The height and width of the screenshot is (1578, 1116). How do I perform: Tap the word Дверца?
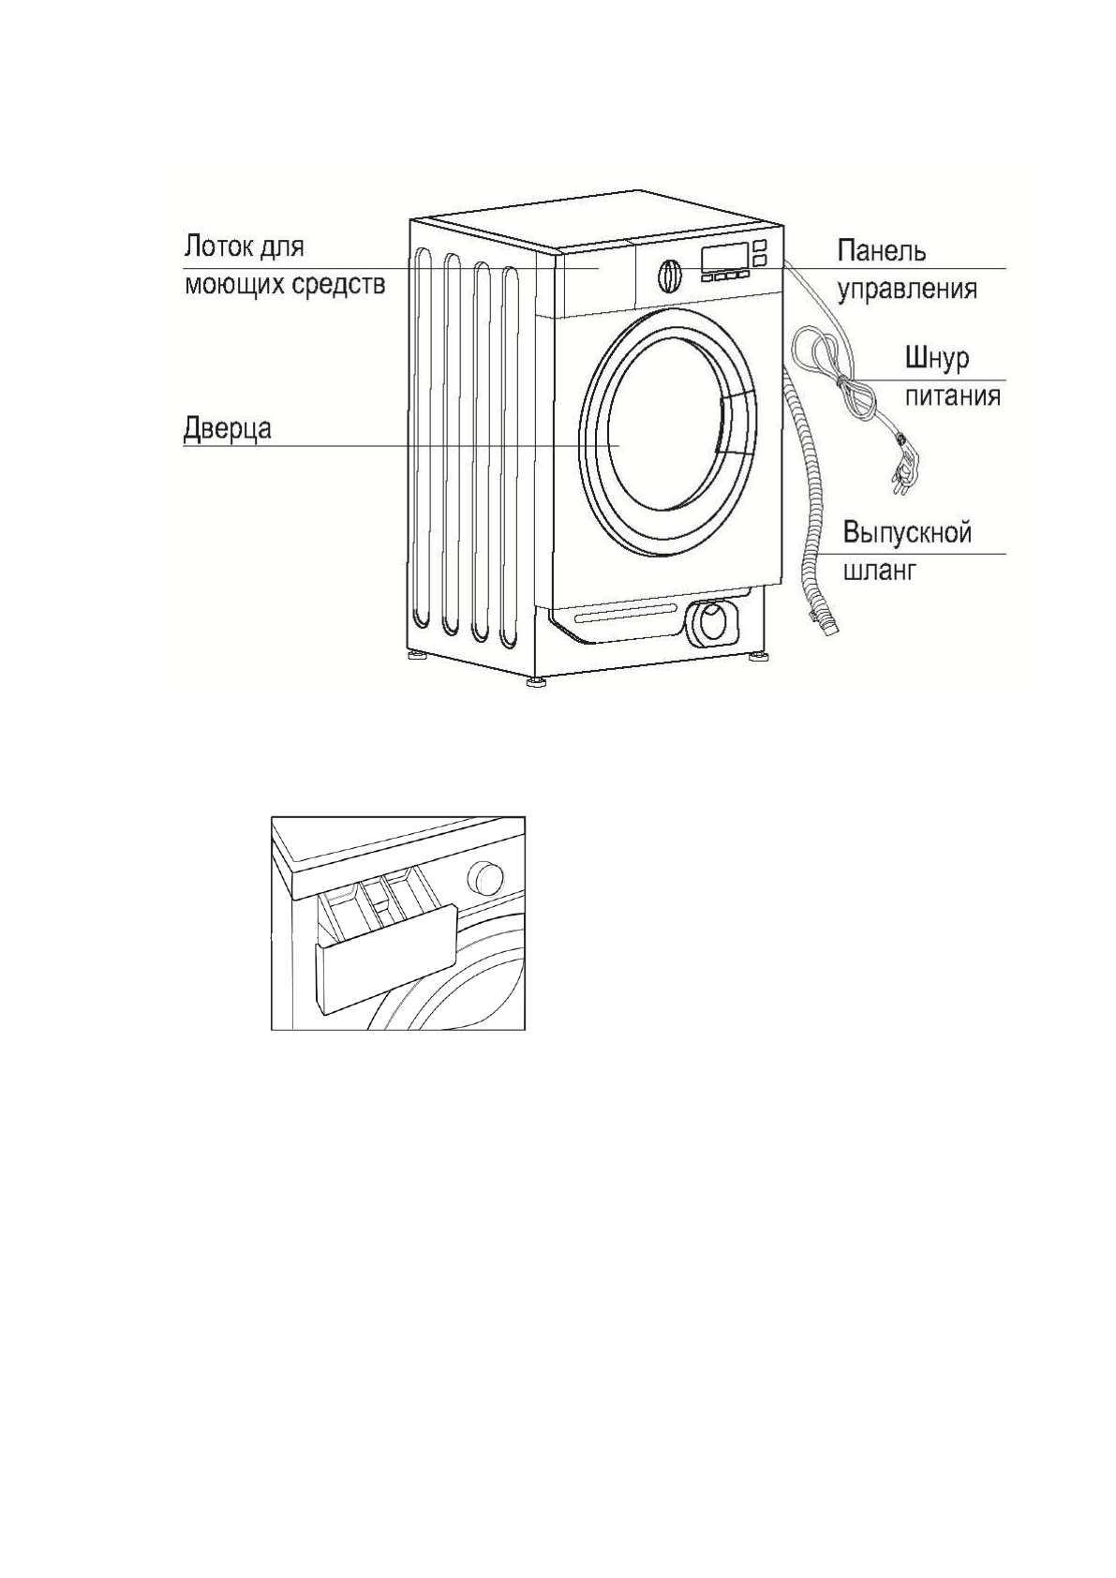coord(227,428)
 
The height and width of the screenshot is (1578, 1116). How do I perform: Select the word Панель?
coord(880,251)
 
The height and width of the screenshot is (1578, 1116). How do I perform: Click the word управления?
coord(906,289)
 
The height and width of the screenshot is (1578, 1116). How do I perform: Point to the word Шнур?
coord(936,359)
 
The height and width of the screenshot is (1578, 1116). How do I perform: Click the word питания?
coord(951,396)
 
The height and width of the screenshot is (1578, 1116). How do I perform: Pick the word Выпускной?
coord(906,532)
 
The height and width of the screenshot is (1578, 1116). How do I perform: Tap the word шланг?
coord(878,570)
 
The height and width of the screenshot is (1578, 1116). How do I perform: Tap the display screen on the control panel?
coord(723,256)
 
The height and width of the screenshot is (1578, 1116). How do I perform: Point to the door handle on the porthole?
coord(736,424)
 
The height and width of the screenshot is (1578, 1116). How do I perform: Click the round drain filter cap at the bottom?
coord(712,620)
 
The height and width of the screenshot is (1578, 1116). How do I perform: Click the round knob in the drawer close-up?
coord(485,877)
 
